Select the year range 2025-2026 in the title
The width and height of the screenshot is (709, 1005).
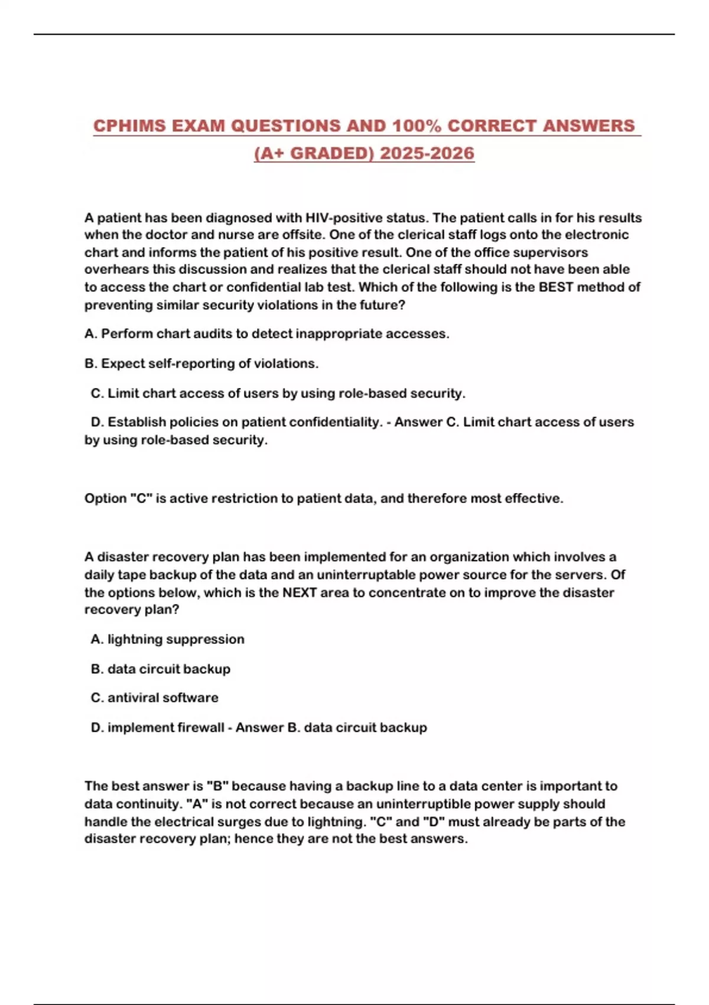pos(427,153)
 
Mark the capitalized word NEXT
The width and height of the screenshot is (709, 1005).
pos(300,592)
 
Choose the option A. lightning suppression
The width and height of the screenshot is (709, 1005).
pos(167,639)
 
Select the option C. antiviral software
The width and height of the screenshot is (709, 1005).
pos(154,698)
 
